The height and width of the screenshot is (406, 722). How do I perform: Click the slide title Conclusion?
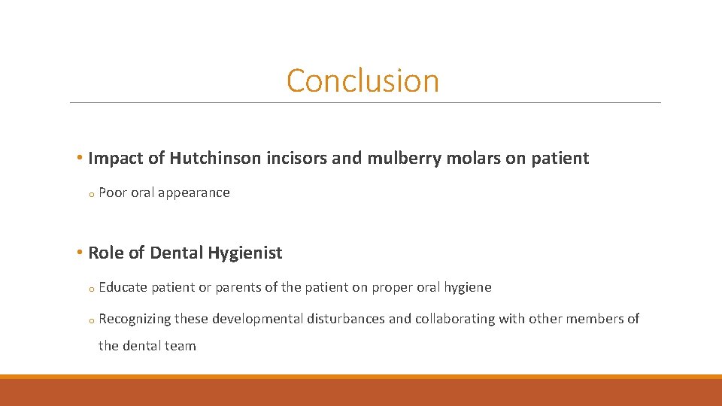click(363, 80)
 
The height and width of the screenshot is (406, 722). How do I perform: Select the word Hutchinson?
click(217, 159)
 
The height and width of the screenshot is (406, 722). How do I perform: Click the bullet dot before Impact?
click(80, 159)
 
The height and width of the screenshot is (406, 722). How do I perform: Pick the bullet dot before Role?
click(80, 253)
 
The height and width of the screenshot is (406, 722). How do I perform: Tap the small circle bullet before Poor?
click(90, 194)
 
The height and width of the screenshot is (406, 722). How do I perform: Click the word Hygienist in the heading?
click(245, 253)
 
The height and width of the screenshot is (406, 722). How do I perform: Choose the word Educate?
click(123, 287)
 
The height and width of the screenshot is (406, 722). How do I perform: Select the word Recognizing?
click(135, 319)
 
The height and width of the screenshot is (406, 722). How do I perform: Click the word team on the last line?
click(180, 346)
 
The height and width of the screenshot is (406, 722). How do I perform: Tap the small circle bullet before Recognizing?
click(90, 320)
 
